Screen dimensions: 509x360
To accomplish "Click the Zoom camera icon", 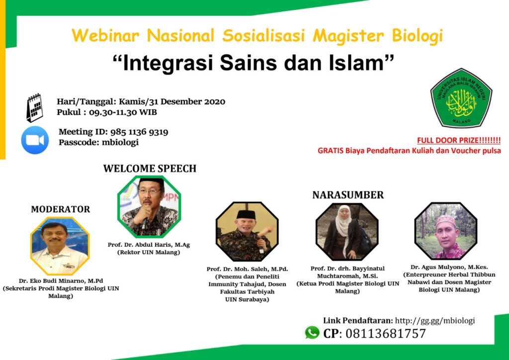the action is click(x=35, y=140).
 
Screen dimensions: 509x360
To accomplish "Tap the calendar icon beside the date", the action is click(x=34, y=108).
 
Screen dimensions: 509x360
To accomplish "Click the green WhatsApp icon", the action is click(x=312, y=333).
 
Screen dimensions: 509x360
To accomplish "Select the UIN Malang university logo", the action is click(x=461, y=98).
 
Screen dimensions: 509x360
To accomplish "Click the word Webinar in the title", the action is click(x=105, y=35).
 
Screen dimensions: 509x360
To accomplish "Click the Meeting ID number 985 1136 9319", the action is click(x=139, y=132).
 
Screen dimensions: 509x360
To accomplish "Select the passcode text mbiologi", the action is click(x=120, y=142).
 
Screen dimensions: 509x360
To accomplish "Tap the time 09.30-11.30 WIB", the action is click(x=123, y=112).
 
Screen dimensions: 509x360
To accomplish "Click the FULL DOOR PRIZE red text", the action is click(x=459, y=141).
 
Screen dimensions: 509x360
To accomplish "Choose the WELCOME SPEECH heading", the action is click(x=150, y=169).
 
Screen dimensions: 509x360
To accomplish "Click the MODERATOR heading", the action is click(x=60, y=209).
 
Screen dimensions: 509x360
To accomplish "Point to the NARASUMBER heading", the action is click(x=348, y=195).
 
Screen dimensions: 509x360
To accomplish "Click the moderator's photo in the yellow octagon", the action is click(x=60, y=246).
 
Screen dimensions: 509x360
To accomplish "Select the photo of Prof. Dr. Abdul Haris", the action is click(x=149, y=206).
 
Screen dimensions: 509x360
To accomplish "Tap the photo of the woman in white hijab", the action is click(x=346, y=231).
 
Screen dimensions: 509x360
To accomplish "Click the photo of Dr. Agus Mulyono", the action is click(x=446, y=231).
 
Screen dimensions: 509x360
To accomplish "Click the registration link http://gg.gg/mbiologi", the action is click(x=435, y=321).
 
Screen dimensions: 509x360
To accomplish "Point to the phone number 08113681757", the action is click(x=385, y=333).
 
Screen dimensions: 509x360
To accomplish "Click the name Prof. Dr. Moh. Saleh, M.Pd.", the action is click(x=247, y=269).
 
